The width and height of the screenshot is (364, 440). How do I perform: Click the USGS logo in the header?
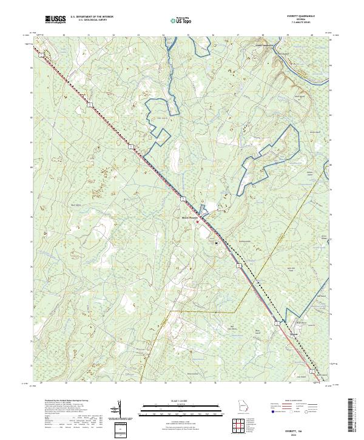tap(55, 20)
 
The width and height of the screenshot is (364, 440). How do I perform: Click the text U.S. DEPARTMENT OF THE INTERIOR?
tap(92, 18)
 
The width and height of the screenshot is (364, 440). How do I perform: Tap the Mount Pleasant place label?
tap(190, 217)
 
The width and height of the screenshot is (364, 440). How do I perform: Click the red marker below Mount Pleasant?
tap(197, 222)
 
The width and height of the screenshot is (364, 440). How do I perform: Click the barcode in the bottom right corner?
tap(354, 417)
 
